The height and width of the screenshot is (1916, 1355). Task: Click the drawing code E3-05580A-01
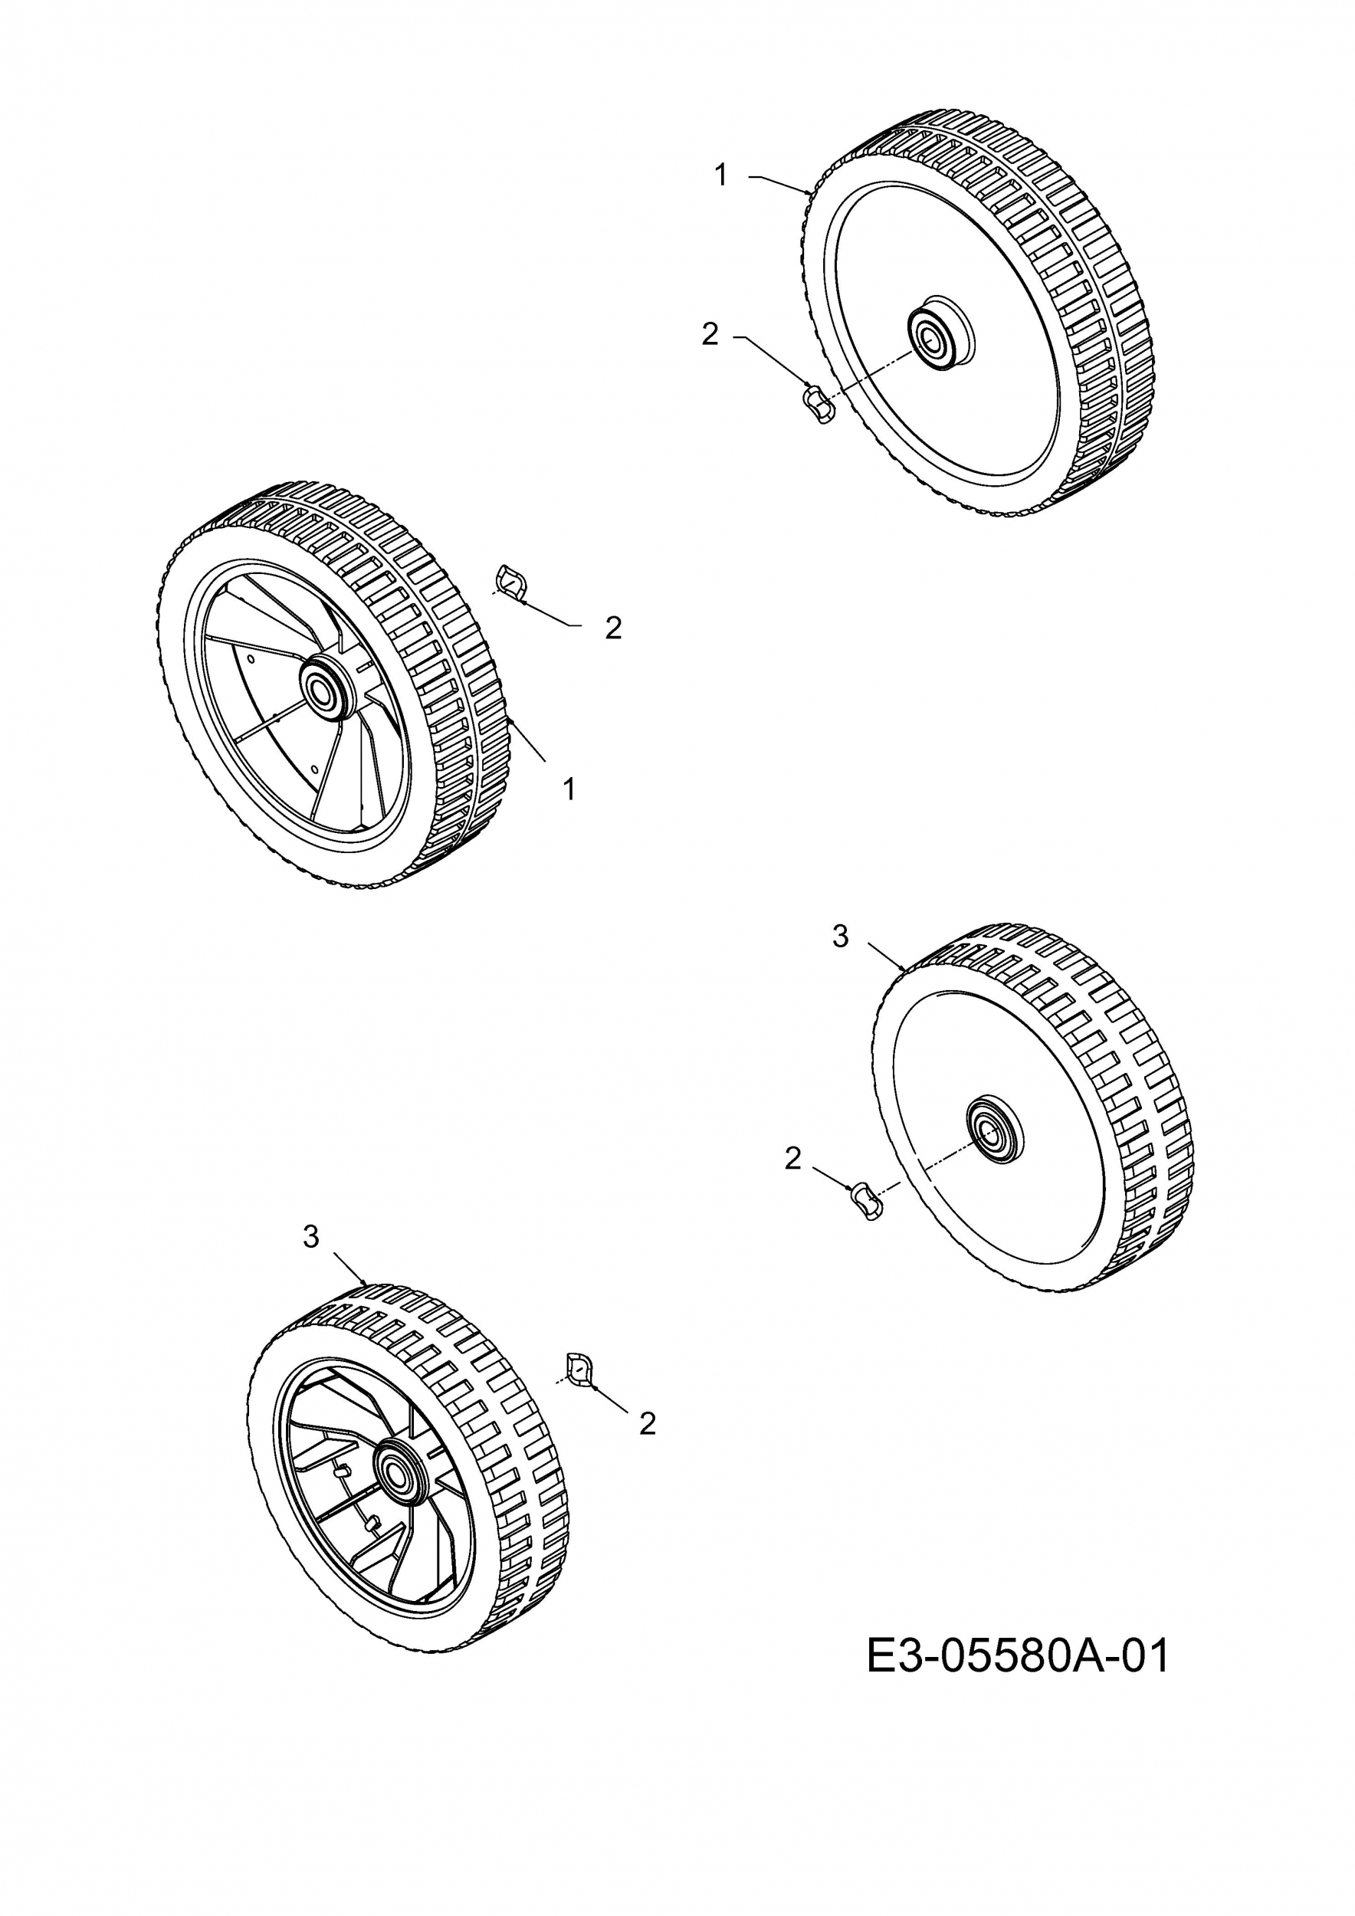[x=1018, y=1656]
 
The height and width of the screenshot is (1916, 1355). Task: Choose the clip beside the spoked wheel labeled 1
[x=511, y=582]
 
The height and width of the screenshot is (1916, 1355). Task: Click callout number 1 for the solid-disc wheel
[x=721, y=176]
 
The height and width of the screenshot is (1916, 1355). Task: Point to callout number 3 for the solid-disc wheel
[x=840, y=937]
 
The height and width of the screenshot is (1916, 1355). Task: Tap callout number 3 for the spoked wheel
[x=311, y=1236]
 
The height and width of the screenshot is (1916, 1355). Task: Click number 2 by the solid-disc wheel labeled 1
[x=709, y=335]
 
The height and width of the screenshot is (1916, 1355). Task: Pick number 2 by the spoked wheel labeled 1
[x=613, y=628]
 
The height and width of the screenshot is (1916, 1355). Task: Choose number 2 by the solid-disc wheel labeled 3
[x=792, y=1158]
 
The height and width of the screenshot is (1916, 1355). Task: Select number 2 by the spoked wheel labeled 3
[x=648, y=1424]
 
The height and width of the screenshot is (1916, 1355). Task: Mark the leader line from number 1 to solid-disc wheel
[x=780, y=184]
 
